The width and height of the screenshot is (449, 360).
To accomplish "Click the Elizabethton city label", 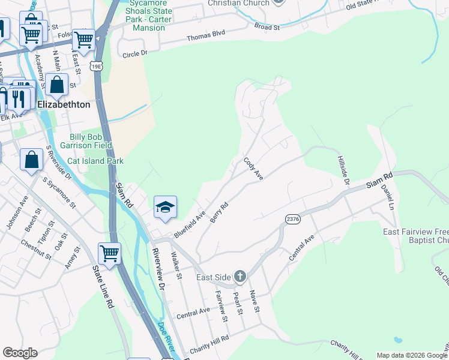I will coord(64,104).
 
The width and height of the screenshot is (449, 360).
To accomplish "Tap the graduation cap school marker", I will coord(165,208).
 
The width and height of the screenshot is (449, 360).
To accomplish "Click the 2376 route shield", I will coord(292,220).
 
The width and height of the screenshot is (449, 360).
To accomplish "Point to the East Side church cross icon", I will coord(240,277).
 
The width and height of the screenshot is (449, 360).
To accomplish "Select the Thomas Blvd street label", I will coord(206,34).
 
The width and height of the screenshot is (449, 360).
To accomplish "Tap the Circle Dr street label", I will coord(134,53).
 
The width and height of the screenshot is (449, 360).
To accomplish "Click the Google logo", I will coord(20,352).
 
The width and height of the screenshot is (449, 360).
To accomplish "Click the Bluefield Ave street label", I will coord(190,223).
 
